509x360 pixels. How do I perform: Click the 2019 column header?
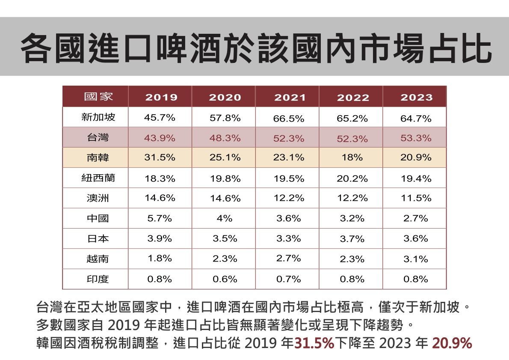(161, 97)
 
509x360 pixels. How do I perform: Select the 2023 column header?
(416, 97)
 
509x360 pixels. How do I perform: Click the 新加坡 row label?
(98, 117)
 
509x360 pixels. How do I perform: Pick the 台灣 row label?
(98, 138)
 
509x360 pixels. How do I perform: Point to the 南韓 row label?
(98, 158)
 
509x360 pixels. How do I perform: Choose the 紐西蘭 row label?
(98, 178)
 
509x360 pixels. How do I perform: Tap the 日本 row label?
(98, 238)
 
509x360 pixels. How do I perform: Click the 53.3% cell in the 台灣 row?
(416, 138)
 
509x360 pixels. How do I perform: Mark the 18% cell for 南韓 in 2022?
(352, 158)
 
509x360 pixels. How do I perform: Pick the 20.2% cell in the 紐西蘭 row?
(352, 178)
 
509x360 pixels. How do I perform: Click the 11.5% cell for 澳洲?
(416, 198)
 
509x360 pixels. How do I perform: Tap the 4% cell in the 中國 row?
(225, 218)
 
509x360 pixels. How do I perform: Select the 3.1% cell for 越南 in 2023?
(416, 259)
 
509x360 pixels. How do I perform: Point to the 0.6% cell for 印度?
(225, 279)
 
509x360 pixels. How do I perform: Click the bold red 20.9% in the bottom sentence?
(452, 343)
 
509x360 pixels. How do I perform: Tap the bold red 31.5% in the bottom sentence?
(314, 343)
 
